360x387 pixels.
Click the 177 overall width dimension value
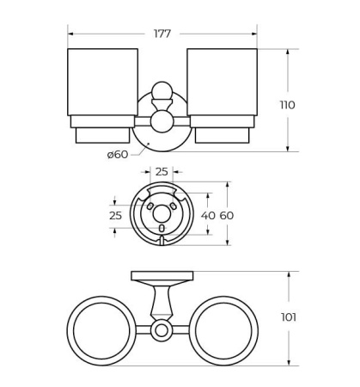pyautogui.click(x=162, y=34)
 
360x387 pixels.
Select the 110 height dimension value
pyautogui.click(x=287, y=105)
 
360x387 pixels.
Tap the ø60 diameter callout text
pyautogui.click(x=117, y=154)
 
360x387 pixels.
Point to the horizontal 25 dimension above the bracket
pyautogui.click(x=162, y=172)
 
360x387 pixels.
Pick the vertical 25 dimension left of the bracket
pyautogui.click(x=115, y=215)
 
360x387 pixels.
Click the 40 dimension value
pyautogui.click(x=207, y=215)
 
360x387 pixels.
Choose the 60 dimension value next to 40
pyautogui.click(x=226, y=215)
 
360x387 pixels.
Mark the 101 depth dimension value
pyautogui.click(x=289, y=317)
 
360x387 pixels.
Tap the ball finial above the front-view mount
pyautogui.click(x=162, y=90)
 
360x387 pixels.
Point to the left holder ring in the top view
pyautogui.click(x=101, y=330)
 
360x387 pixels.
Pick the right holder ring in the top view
pyautogui.click(x=222, y=330)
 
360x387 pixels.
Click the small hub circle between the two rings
pyautogui.click(x=162, y=330)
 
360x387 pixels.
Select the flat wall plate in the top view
pyautogui.click(x=162, y=276)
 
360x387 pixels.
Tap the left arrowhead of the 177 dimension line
pyautogui.click(x=70, y=34)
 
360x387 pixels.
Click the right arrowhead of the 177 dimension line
pyautogui.click(x=254, y=34)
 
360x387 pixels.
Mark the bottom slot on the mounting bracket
pyautogui.click(x=162, y=240)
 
